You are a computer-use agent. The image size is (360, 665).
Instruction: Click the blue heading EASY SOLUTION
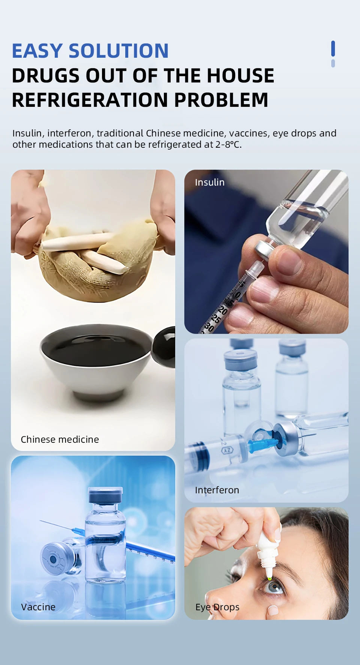tap(90, 51)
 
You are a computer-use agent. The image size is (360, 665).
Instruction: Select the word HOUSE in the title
tap(240, 75)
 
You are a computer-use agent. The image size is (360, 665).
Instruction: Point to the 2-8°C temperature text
tap(228, 145)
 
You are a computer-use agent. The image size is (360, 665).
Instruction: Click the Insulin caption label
tap(210, 183)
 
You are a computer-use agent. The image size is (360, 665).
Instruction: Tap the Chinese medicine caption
tap(60, 439)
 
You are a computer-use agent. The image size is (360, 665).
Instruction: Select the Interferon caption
tap(217, 490)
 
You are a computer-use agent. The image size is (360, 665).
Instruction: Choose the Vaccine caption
tap(38, 607)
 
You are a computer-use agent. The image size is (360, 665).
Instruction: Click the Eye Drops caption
tap(217, 607)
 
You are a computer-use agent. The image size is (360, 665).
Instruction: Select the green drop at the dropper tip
tap(270, 579)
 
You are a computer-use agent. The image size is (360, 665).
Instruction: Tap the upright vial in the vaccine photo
tap(105, 535)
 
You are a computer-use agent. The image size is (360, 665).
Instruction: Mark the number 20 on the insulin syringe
tap(222, 310)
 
